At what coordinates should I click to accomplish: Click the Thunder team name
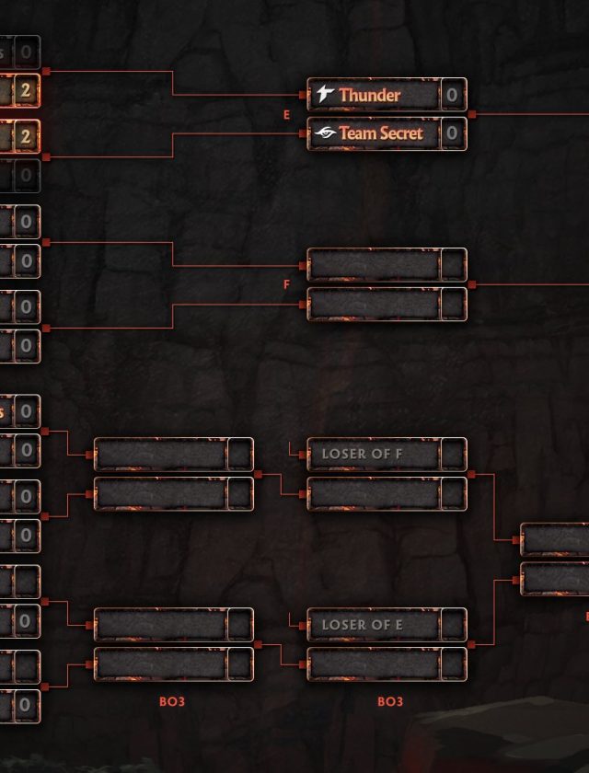coord(369,95)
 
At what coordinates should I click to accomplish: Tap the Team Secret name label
coord(380,133)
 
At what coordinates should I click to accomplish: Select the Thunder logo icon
coord(325,94)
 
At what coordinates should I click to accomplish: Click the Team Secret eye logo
coord(325,133)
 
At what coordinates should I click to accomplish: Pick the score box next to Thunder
coord(452,95)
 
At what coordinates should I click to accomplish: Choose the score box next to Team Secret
coord(452,133)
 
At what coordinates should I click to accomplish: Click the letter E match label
coord(287,115)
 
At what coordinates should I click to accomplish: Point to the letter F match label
coord(287,285)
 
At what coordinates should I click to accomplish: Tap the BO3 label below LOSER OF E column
coord(390,702)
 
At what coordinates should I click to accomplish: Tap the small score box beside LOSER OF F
coord(453,454)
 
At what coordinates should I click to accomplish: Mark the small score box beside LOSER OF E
coord(453,624)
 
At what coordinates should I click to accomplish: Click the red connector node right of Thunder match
coord(472,115)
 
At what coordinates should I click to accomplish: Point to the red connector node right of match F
coord(472,285)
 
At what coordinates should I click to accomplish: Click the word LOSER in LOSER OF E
coord(343,624)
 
